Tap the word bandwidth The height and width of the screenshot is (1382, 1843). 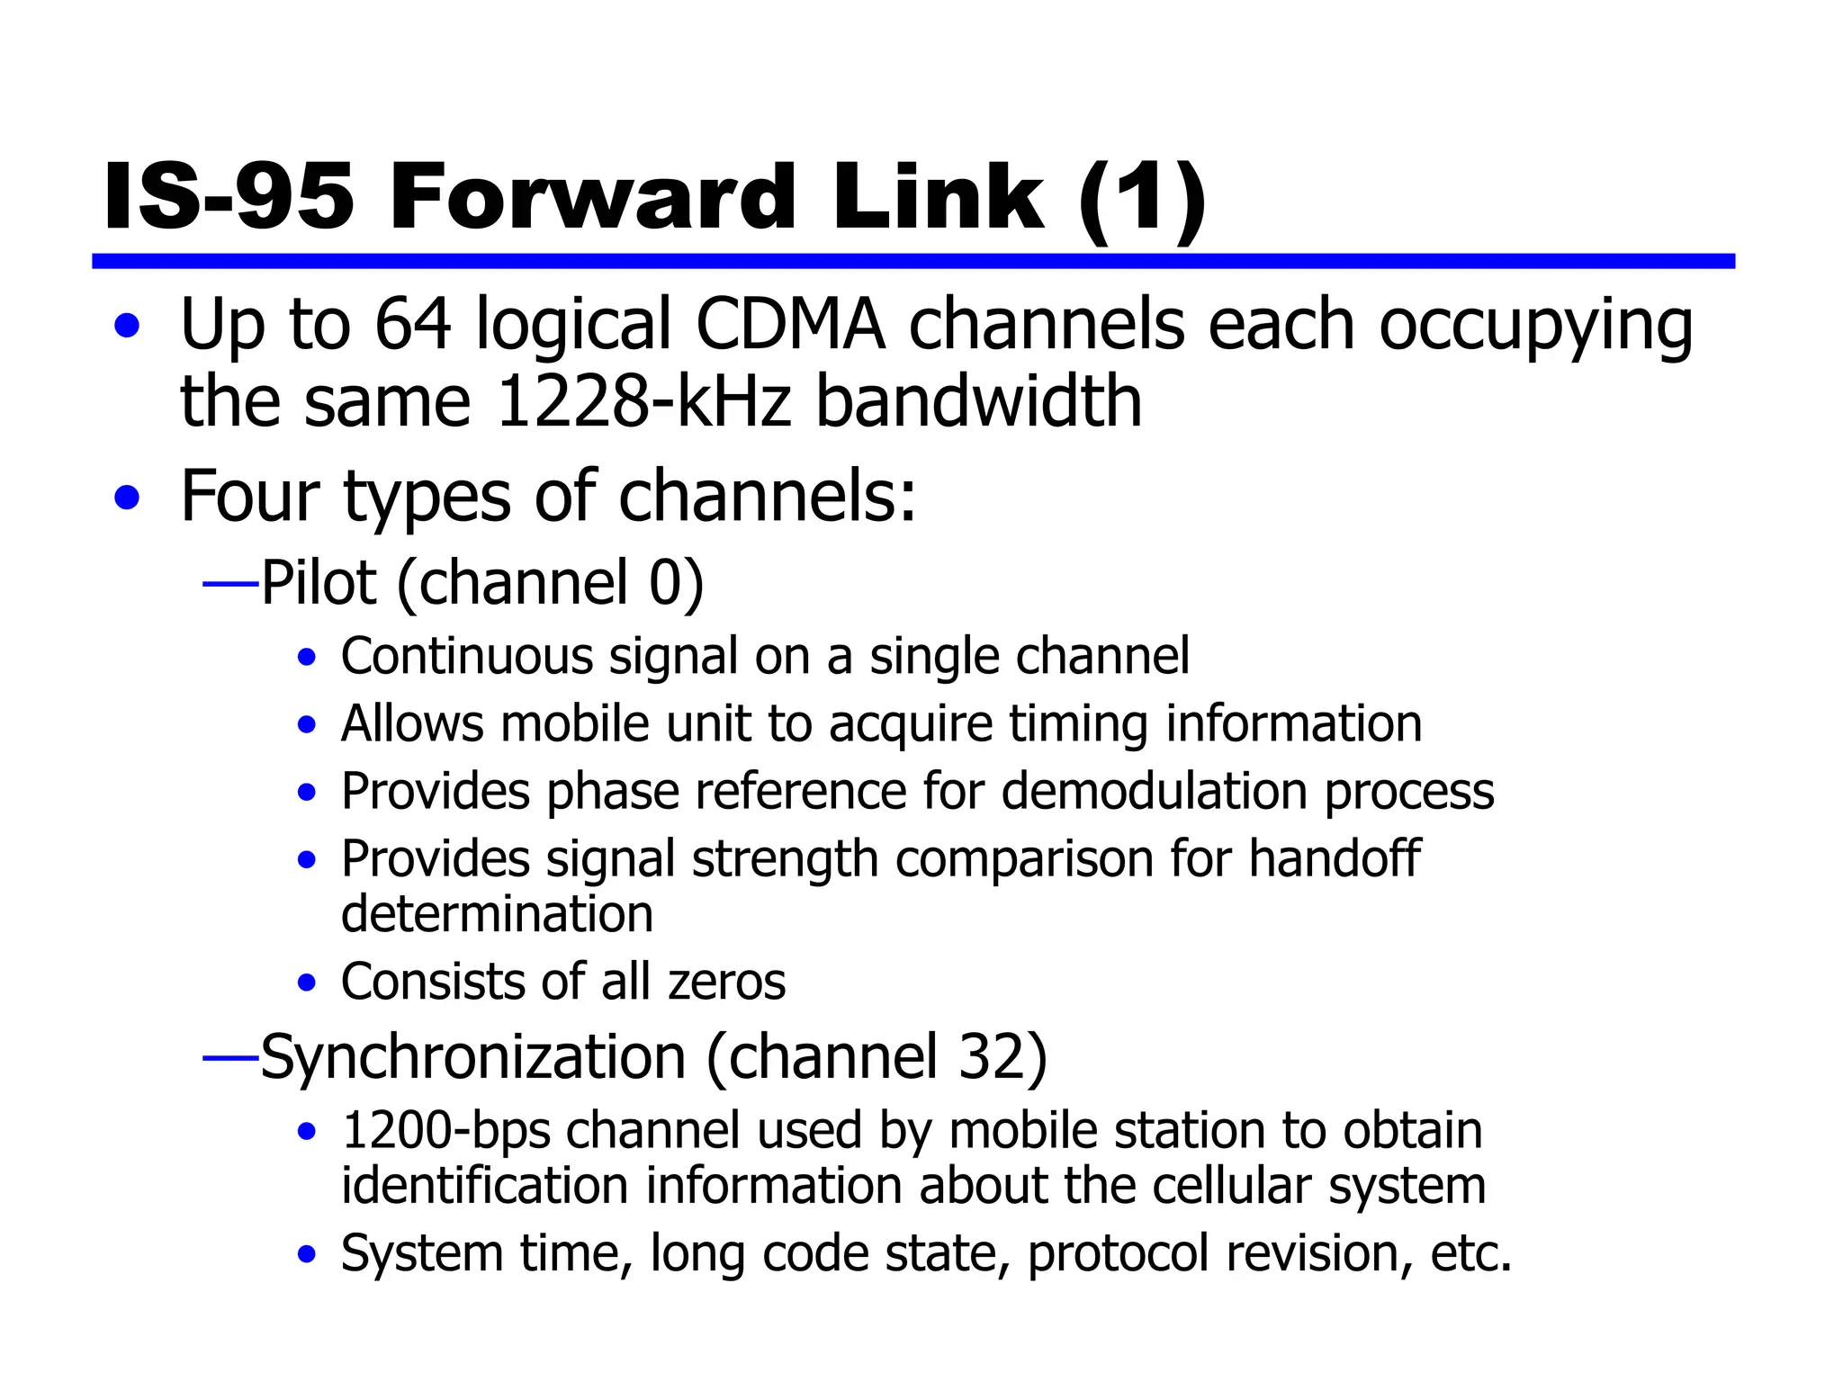click(x=978, y=401)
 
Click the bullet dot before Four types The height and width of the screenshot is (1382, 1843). click(x=128, y=497)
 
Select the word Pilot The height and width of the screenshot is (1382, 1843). click(x=319, y=583)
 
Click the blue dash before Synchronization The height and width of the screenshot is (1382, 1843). click(x=230, y=1059)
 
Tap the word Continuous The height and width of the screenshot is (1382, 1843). click(x=466, y=656)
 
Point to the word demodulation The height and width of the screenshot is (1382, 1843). click(x=1155, y=792)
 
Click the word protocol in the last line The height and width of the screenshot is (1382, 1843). click(x=1119, y=1253)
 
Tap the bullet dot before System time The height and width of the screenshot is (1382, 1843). click(x=308, y=1254)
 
